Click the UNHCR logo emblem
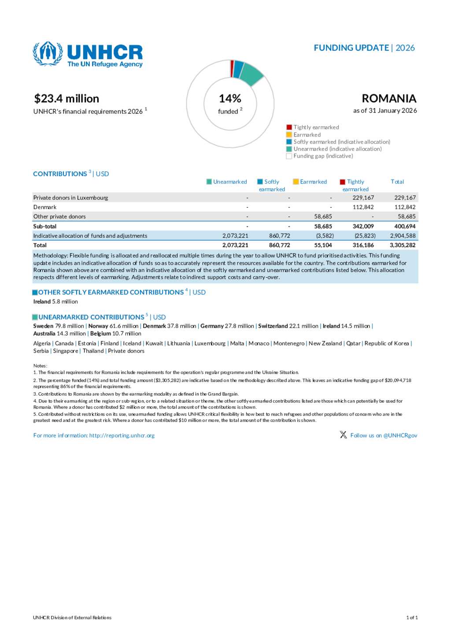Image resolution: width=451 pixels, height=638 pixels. [48, 53]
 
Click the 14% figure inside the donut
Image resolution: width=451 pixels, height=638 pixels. [230, 98]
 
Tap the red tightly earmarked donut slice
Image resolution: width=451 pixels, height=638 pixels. [232, 69]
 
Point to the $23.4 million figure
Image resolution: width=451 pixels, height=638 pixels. [67, 99]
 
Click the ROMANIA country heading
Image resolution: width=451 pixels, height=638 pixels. [389, 98]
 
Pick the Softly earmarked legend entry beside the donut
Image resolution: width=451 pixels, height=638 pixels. [341, 142]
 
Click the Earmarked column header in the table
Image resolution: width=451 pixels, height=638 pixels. [313, 182]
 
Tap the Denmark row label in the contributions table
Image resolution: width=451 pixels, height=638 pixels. [45, 207]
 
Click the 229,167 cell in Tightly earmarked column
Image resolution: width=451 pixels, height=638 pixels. [363, 198]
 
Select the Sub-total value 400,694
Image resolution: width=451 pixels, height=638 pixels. [405, 226]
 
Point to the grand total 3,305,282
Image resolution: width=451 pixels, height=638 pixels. [403, 245]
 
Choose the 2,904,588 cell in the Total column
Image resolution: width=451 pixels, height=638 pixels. [403, 236]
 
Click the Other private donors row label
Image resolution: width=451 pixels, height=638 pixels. [59, 217]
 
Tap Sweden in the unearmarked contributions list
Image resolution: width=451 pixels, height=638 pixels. [43, 326]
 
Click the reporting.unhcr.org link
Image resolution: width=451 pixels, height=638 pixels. [122, 435]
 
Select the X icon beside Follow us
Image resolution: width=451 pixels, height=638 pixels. [343, 435]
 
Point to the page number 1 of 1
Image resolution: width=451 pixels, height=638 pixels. [412, 618]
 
